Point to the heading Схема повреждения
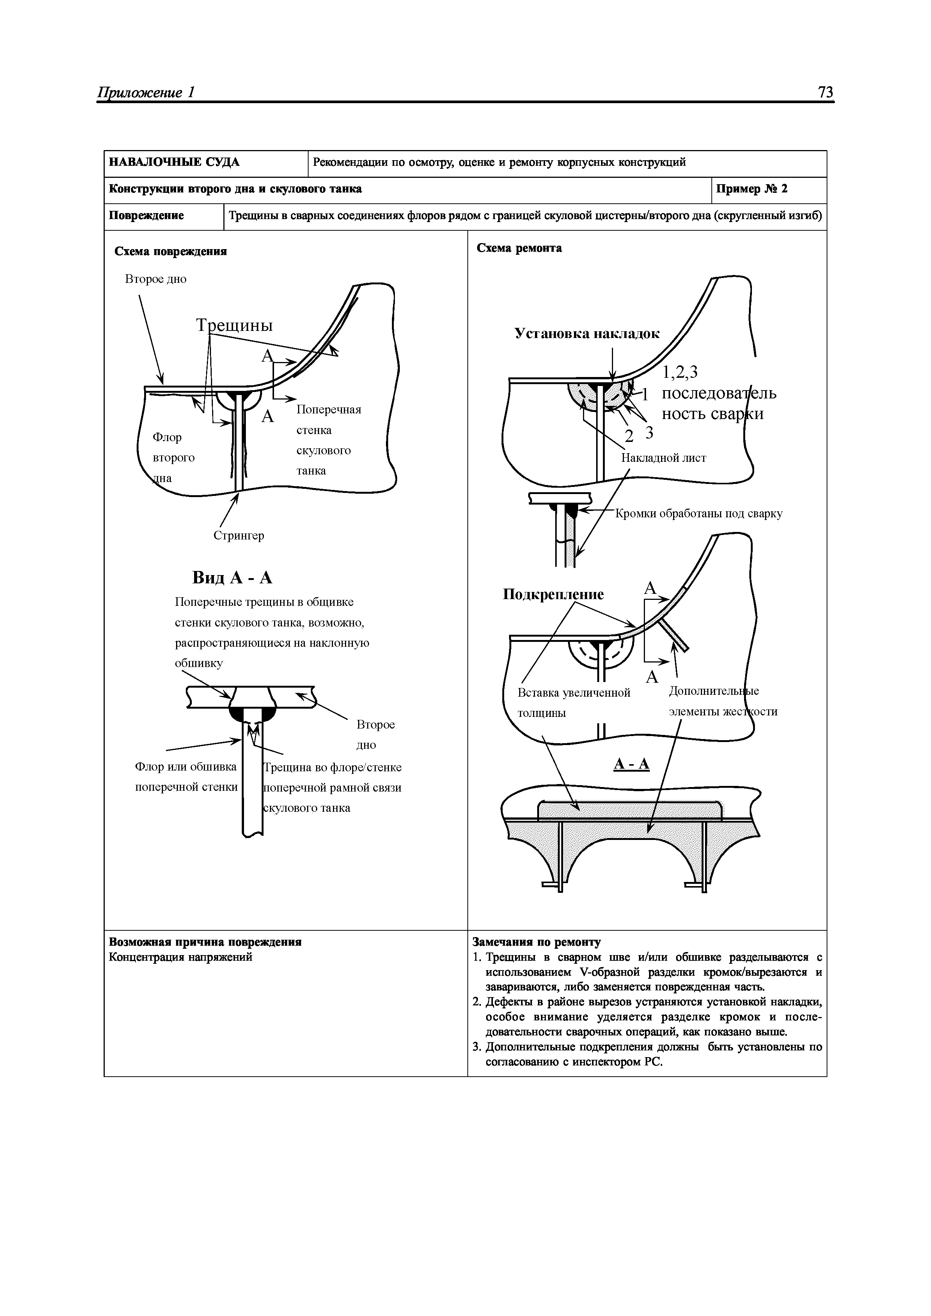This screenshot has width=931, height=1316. pos(170,252)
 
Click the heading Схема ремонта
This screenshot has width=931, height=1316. pos(519,248)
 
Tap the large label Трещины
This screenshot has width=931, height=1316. pos(235,326)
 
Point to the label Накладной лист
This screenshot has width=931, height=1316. pos(664,458)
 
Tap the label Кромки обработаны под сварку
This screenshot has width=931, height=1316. pos(699,514)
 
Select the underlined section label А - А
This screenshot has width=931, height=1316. pos(631,764)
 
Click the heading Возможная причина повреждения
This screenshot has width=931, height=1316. pos(205,942)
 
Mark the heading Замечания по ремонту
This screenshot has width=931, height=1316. pos(536,942)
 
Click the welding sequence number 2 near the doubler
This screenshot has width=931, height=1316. pos(629,437)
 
